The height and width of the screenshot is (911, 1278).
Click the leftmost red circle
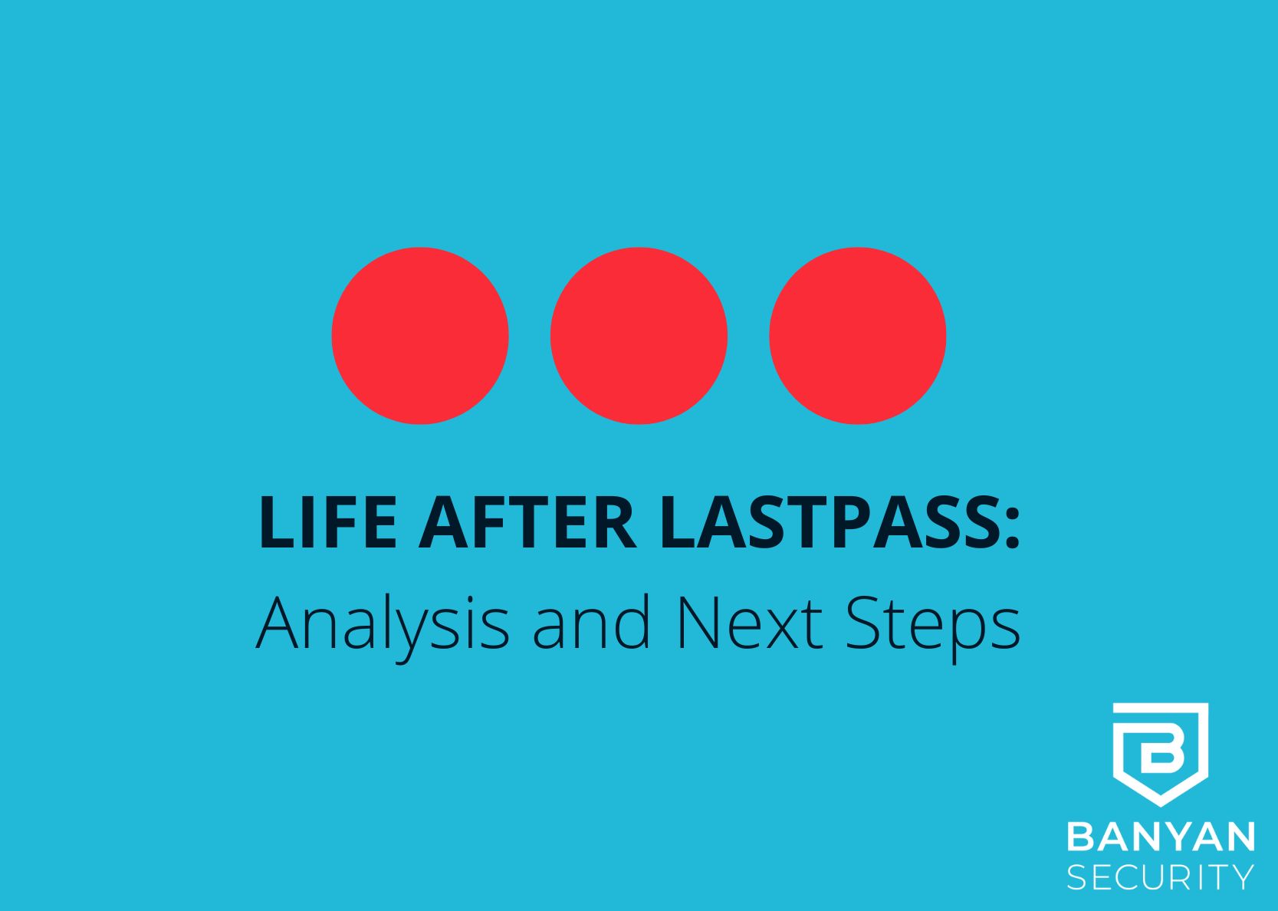(x=420, y=336)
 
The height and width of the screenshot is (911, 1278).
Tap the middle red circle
(x=639, y=336)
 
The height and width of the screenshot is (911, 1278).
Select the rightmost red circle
(x=858, y=336)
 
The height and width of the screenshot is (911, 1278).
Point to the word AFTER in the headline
(x=527, y=523)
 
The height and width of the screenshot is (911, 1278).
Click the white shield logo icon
(x=1160, y=755)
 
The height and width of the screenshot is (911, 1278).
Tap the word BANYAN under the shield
(x=1161, y=837)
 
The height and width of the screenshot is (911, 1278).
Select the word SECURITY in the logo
(x=1161, y=878)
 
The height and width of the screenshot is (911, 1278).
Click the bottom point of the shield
(x=1160, y=806)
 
